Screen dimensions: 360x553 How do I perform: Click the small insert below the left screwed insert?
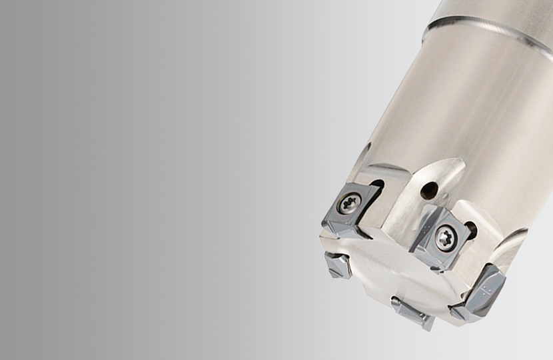pos(338,265)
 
